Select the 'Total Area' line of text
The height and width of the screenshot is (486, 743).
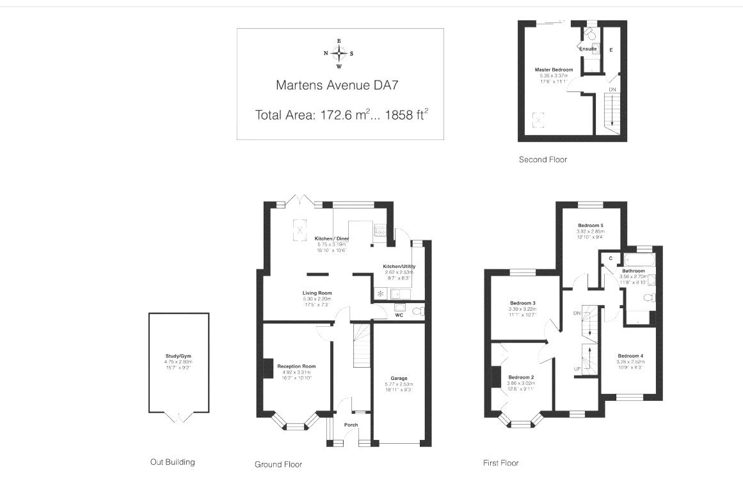[341, 115]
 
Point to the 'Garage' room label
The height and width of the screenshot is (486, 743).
[399, 378]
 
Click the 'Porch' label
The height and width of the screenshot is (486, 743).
[351, 425]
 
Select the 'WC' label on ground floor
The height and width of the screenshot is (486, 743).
[399, 315]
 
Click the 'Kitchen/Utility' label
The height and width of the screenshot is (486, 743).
[399, 266]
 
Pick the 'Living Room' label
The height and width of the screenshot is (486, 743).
[317, 294]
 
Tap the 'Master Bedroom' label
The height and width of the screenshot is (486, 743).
[554, 69]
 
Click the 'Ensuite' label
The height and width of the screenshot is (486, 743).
[587, 49]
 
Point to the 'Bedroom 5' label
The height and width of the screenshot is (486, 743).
[591, 226]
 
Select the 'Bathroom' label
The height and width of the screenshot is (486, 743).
[633, 271]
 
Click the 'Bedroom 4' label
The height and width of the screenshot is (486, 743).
[630, 356]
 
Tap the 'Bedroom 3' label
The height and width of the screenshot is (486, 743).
[523, 303]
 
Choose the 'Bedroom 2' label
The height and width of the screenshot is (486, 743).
[521, 377]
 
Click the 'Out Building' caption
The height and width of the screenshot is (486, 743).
[172, 462]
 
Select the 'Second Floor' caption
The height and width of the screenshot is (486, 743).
[543, 159]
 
